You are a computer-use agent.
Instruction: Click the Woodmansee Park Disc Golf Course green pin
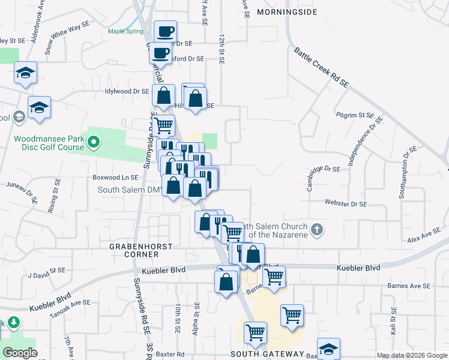pyautogui.click(x=93, y=142)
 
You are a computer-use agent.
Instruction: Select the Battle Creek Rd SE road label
pyautogui.click(x=321, y=68)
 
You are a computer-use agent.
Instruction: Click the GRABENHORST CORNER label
pyautogui.click(x=141, y=250)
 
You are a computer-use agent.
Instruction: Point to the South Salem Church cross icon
pyautogui.click(x=318, y=229)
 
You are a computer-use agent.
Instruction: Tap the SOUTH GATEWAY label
pyautogui.click(x=268, y=354)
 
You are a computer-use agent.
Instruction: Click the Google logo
pyautogui.click(x=20, y=352)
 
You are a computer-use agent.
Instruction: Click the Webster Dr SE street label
pyautogui.click(x=345, y=204)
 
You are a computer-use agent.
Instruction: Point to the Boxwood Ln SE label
pyautogui.click(x=115, y=178)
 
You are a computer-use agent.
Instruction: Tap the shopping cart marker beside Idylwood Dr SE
pyautogui.click(x=163, y=126)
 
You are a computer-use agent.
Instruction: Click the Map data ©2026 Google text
pyautogui.click(x=411, y=355)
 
